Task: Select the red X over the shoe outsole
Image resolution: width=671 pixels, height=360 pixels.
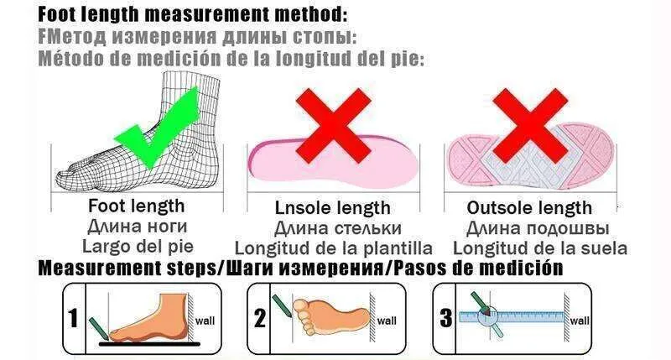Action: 530,125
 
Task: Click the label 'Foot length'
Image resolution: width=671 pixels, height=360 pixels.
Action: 137,206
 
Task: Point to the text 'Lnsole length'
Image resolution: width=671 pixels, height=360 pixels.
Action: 332,208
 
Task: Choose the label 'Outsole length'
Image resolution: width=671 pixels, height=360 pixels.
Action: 529,208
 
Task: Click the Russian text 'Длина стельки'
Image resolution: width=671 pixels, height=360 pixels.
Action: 338,228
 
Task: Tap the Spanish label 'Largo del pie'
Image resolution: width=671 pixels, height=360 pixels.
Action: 138,246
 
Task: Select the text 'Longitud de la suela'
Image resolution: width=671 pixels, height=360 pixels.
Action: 540,248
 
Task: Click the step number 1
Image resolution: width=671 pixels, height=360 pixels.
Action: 74,318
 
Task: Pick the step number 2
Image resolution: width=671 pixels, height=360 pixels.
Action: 260,318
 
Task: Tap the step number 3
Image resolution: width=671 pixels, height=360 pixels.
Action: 446,318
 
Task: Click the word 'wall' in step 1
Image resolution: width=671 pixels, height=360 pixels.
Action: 205,321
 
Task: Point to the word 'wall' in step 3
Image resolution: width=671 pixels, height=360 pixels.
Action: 580,321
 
